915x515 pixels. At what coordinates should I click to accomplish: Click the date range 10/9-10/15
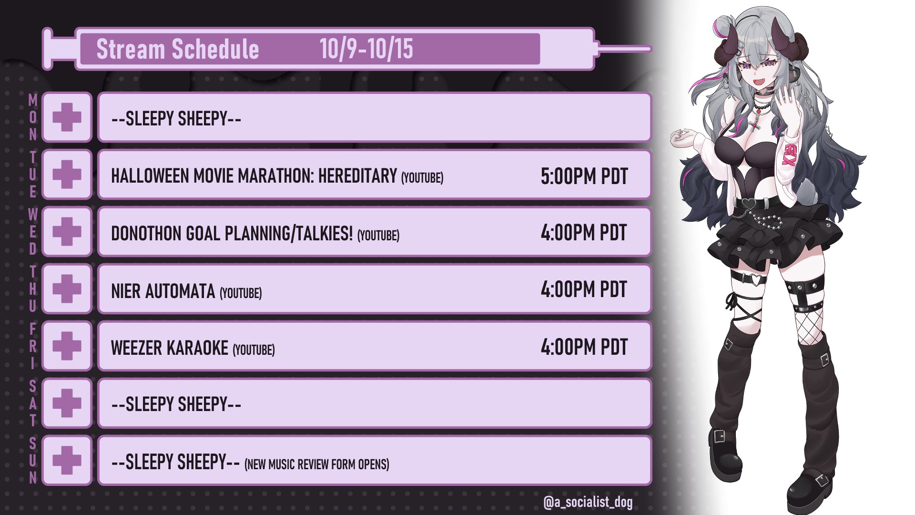(x=366, y=49)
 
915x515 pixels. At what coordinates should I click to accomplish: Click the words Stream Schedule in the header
(x=178, y=49)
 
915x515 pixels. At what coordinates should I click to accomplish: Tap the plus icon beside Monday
(x=67, y=117)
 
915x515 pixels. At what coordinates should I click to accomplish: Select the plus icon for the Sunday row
(x=67, y=460)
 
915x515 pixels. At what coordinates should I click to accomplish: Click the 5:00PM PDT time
(x=584, y=176)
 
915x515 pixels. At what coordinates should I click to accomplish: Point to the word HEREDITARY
(x=357, y=176)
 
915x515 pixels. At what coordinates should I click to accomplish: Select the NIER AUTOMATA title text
(x=163, y=291)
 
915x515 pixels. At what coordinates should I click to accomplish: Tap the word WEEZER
(x=137, y=348)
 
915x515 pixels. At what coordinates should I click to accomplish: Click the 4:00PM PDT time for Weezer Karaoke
(x=584, y=347)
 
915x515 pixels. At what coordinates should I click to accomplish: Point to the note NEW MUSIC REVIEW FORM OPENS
(x=317, y=464)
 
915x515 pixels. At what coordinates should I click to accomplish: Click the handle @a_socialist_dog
(x=588, y=502)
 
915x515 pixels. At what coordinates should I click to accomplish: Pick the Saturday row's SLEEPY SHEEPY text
(x=176, y=404)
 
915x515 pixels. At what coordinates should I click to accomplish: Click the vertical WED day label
(x=32, y=232)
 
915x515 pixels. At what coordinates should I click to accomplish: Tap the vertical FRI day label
(x=32, y=346)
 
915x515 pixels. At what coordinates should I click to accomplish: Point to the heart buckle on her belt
(x=749, y=204)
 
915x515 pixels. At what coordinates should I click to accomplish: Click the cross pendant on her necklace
(x=753, y=125)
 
